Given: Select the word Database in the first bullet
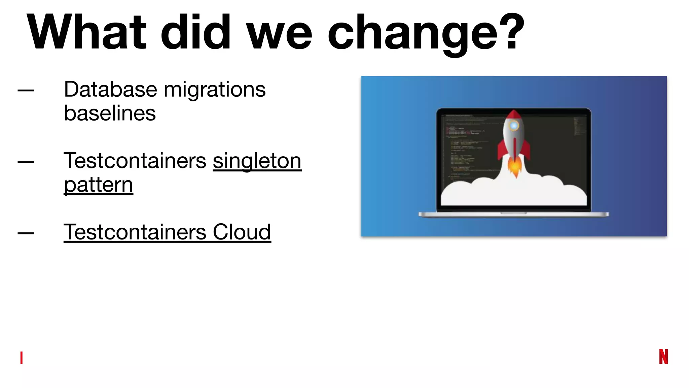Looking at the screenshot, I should coord(110,90).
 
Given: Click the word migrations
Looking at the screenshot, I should coord(215,90).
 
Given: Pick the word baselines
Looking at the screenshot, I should coord(110,113).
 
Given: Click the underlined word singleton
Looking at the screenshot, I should coord(257,161).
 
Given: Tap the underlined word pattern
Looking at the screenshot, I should coord(99,185).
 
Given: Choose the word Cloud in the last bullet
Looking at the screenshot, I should coord(242,232).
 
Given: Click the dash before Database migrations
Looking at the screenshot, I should coord(26,90).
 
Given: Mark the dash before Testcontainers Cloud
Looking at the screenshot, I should coord(26,233).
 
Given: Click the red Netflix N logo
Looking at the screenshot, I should coord(663,356).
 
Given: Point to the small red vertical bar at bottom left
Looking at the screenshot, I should coord(22,357).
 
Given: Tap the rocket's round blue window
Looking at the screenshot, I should coord(514,126).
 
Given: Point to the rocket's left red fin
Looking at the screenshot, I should coord(502,150).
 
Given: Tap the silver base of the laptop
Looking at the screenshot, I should coord(514,215).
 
